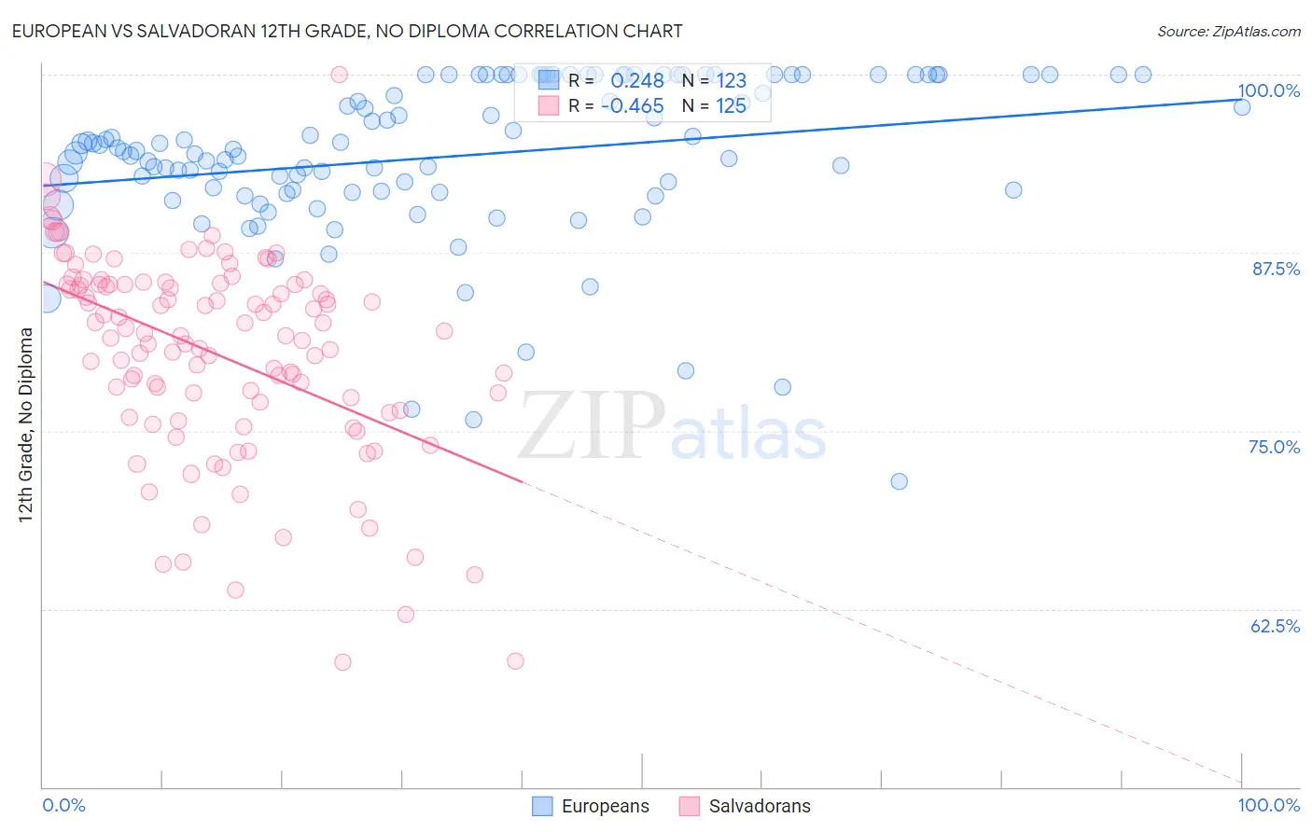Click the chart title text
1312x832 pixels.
[x=347, y=31]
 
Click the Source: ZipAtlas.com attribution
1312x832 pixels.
[x=1228, y=31]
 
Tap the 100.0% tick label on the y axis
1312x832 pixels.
[x=1268, y=90]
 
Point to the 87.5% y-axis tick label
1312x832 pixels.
[x=1275, y=269]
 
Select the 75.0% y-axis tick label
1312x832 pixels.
[x=1274, y=447]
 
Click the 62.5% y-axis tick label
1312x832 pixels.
[x=1275, y=626]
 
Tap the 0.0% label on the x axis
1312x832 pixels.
[x=63, y=805]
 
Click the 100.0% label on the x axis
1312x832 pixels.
[x=1268, y=805]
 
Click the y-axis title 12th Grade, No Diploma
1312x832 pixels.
[x=26, y=425]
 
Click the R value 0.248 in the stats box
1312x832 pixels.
[x=636, y=81]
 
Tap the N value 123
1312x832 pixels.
[x=731, y=81]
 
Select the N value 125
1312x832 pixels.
[x=731, y=106]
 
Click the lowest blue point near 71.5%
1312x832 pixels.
[x=899, y=481]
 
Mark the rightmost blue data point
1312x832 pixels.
[x=1241, y=107]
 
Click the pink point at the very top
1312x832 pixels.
[x=340, y=75]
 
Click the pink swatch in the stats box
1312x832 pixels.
[x=548, y=105]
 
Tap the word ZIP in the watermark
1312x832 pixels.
[x=591, y=427]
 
